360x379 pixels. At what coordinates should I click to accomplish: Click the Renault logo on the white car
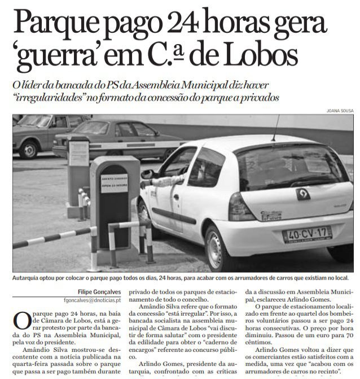[303, 194]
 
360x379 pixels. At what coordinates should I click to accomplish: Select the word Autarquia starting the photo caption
[28, 278]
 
